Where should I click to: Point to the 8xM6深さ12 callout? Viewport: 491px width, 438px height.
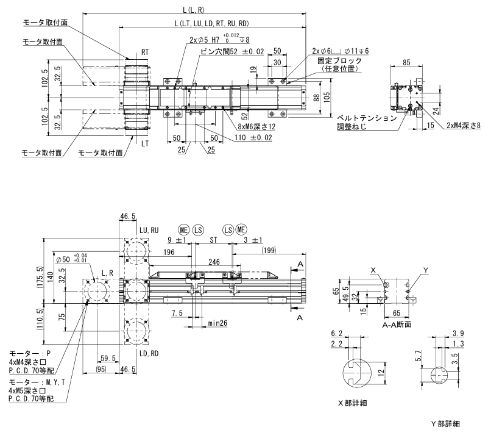click(256, 127)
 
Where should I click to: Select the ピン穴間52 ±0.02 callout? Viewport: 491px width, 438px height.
click(231, 52)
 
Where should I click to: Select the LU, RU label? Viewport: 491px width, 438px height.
click(149, 229)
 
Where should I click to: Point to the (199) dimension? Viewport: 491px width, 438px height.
click(269, 250)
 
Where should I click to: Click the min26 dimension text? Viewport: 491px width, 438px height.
click(218, 322)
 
